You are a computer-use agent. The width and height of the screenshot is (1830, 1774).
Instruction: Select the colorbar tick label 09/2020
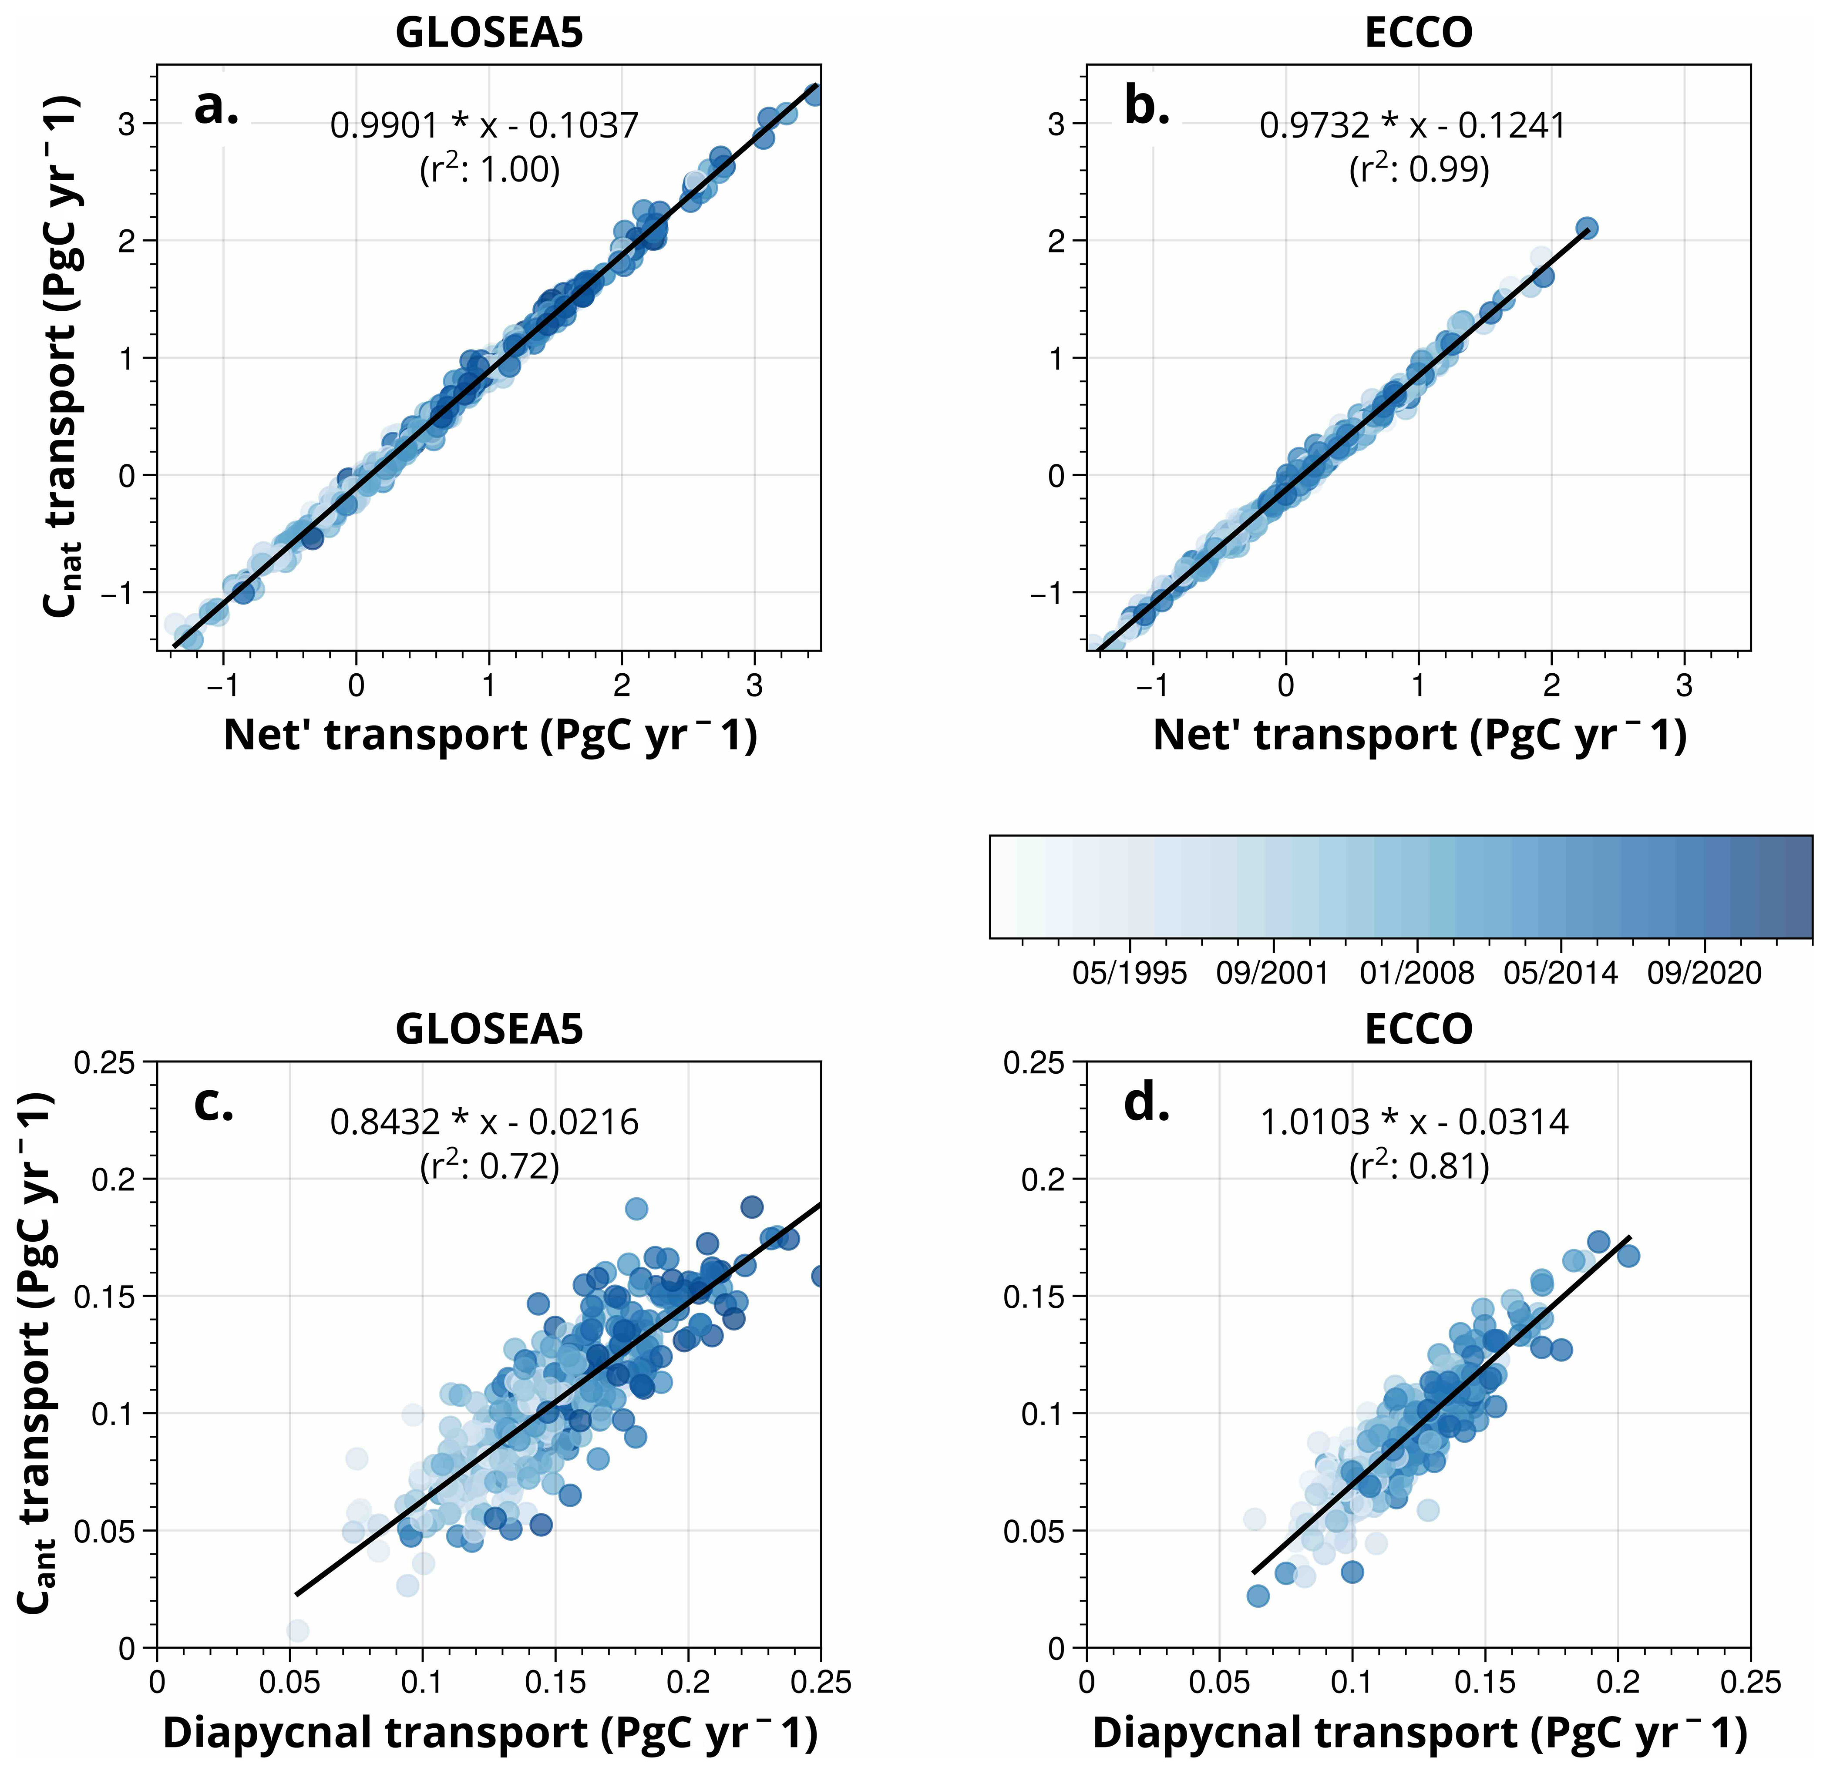(x=1704, y=974)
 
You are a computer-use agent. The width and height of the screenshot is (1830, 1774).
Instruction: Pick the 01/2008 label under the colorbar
(x=1416, y=974)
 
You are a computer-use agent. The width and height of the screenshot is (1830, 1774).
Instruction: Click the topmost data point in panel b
(x=1586, y=227)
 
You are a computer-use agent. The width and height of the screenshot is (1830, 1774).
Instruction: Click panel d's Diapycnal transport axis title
(x=1419, y=1733)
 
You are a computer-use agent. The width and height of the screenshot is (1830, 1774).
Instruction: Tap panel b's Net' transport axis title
(x=1419, y=736)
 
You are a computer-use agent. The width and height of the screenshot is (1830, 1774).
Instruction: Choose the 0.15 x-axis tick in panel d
(x=1484, y=1683)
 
